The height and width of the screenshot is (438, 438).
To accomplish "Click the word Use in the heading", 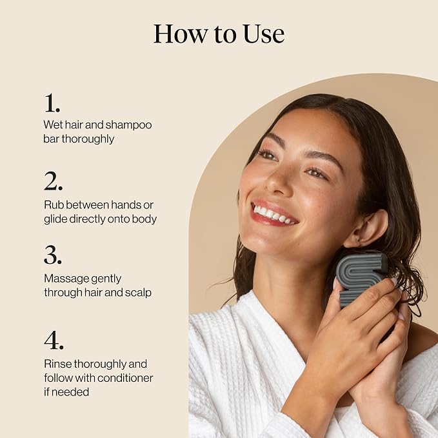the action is pos(264,34).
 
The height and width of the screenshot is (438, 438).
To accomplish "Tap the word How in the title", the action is pos(181,34).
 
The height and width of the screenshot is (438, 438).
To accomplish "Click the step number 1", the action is pos(52,103).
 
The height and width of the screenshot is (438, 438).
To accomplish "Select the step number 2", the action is pos(53,181).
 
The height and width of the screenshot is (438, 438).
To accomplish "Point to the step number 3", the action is pos(52,255).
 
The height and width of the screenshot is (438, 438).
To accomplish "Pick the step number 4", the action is pos(54,340).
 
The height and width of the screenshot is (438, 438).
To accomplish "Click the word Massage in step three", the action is pos(63,279).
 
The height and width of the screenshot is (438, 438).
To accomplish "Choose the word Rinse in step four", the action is pos(57,364).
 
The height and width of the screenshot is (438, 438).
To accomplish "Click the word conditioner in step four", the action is pos(125,378).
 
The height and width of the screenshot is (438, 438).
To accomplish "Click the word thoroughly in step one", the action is pos(88,139).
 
